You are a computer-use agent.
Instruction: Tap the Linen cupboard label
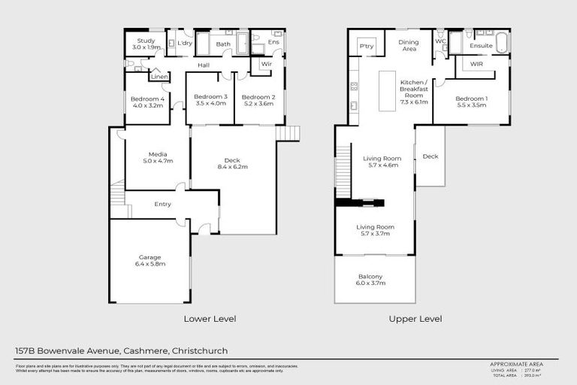(x=159, y=77)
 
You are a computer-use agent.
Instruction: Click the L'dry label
(x=184, y=44)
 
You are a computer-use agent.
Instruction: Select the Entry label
(x=162, y=204)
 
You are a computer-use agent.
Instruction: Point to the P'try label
(x=367, y=47)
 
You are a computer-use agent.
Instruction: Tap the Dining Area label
(x=408, y=46)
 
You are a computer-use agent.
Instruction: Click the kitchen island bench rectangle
(x=387, y=91)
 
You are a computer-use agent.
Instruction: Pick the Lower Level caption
(x=210, y=319)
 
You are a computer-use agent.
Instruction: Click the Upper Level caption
(x=415, y=319)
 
